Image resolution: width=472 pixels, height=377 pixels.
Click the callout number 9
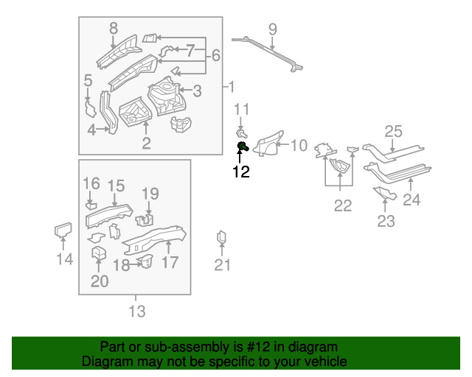(272, 29)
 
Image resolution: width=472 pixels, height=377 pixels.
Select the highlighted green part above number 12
(243, 149)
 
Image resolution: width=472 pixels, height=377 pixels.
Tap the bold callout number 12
(241, 172)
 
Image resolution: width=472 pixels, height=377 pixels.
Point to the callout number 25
(394, 132)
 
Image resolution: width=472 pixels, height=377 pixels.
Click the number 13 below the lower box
(137, 311)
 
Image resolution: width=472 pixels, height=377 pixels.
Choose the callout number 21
(223, 266)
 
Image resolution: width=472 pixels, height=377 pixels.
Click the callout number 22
(343, 206)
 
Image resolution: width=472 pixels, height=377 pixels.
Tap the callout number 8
(113, 29)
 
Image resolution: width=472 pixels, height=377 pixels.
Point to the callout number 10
(298, 145)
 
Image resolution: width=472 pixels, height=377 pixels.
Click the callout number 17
(170, 262)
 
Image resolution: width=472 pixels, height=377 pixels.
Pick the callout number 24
(412, 200)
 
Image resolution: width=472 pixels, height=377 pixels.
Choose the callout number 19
(150, 194)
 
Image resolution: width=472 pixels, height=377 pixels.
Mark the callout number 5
(88, 81)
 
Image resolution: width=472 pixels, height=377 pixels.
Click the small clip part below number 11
(240, 133)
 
